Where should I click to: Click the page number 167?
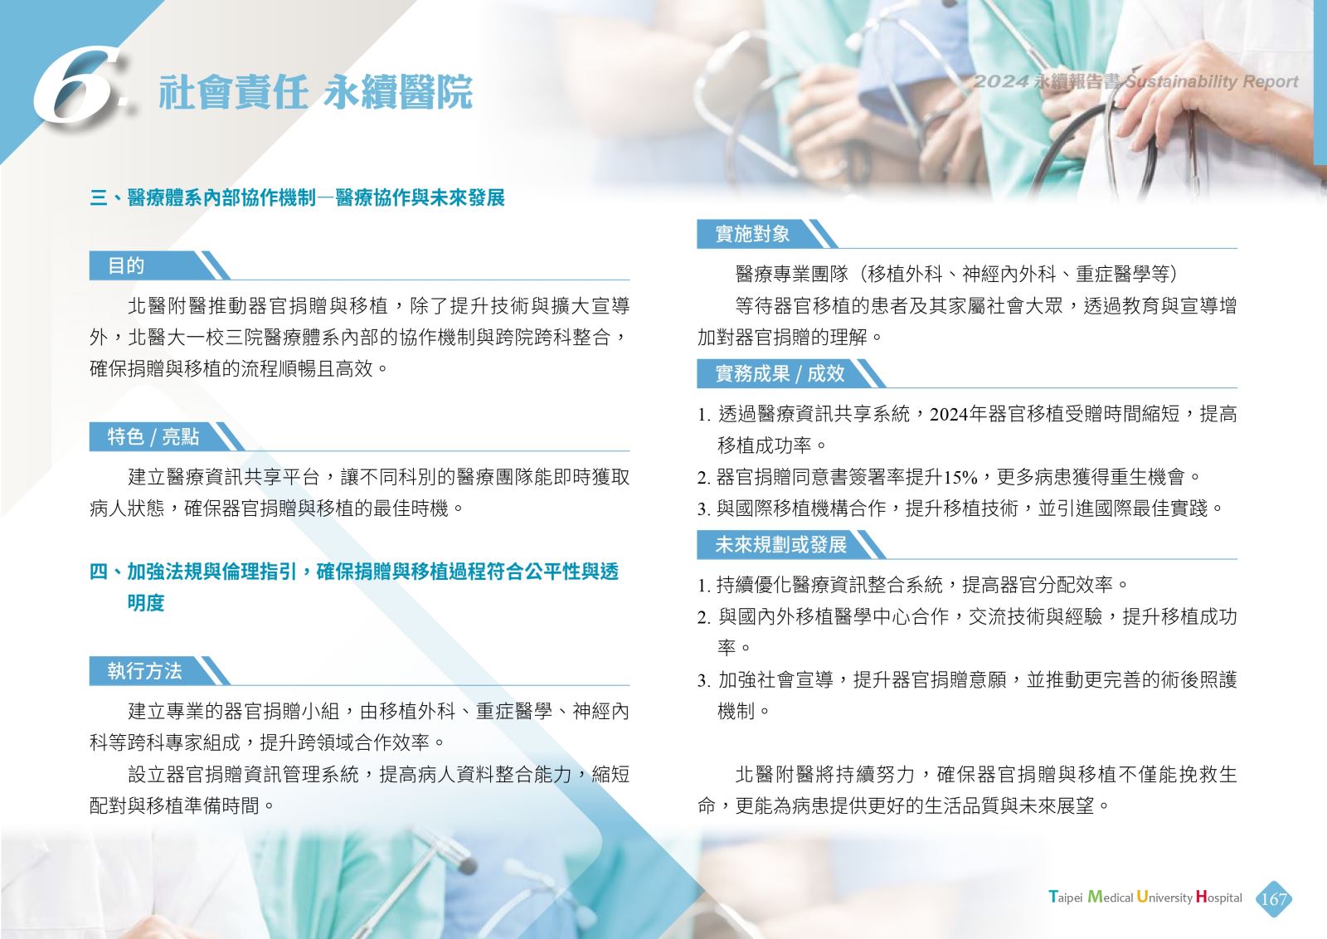click(x=1273, y=898)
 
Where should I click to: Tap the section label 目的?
click(x=125, y=265)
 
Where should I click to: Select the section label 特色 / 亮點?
click(x=153, y=436)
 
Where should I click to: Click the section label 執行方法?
click(x=144, y=670)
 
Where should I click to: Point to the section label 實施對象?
click(x=751, y=233)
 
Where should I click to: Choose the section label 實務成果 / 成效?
click(x=780, y=373)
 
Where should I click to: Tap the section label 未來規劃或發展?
click(x=780, y=544)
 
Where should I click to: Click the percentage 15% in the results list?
click(x=960, y=477)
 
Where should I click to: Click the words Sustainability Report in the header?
click(x=1211, y=81)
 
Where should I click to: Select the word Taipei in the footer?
click(x=1065, y=897)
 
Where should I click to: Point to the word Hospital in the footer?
click(x=1218, y=897)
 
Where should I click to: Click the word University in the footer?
click(x=1164, y=897)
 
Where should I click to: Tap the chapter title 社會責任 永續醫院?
click(x=315, y=92)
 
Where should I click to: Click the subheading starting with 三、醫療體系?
click(x=297, y=197)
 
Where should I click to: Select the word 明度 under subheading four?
click(x=146, y=603)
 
